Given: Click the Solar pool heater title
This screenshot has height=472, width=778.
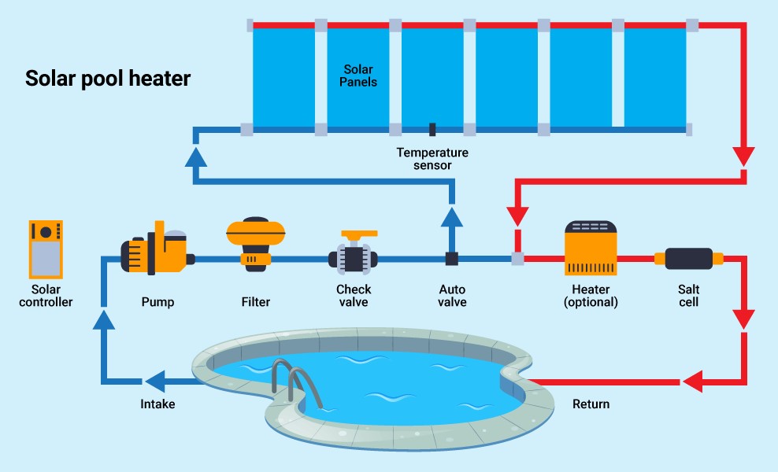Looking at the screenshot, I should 108,79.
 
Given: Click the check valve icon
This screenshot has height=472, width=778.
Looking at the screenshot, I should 354,253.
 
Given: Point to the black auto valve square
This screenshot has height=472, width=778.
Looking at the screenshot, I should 452,258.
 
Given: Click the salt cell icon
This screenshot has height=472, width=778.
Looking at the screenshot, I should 688,259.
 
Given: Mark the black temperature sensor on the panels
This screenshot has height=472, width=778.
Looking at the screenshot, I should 432,128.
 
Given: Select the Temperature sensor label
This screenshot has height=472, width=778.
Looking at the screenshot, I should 432,159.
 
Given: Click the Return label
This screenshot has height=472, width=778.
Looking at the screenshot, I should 591,404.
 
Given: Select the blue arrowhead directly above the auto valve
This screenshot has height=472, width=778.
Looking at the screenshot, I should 452,216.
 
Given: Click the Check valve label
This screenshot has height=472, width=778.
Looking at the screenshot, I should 354,296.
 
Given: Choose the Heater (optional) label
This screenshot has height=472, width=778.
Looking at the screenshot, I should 591,296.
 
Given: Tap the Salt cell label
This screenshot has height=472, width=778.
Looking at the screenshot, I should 688,296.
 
